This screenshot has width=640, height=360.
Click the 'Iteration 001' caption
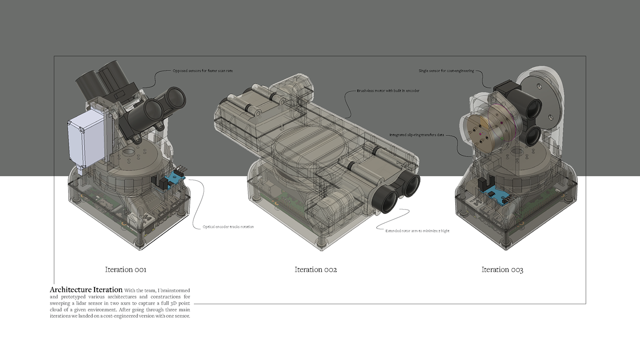[126, 269]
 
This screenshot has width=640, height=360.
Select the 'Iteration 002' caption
[316, 269]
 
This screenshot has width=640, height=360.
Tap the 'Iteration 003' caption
[502, 269]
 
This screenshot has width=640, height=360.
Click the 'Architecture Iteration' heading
[86, 290]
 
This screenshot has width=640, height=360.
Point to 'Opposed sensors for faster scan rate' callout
[203, 71]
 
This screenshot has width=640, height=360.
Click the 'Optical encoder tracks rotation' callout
[228, 227]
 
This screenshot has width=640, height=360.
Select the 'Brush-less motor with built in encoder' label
[388, 91]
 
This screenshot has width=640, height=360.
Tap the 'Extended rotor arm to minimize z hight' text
[417, 231]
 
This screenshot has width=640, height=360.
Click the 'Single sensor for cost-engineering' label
[446, 71]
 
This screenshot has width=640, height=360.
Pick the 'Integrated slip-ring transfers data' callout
[416, 135]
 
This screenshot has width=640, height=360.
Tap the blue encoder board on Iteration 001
[175, 179]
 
